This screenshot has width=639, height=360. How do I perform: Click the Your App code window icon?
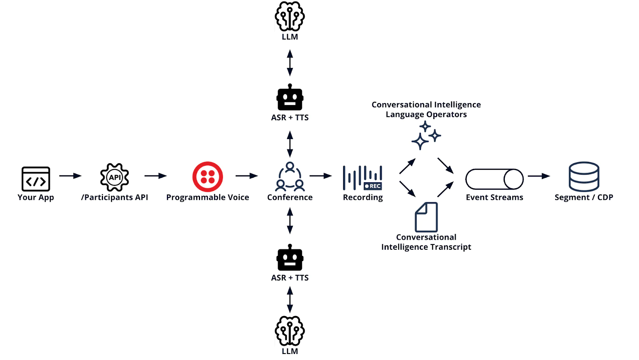pos(36,179)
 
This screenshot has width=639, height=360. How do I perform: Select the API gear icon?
pos(115,177)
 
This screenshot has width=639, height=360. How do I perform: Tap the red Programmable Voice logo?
pos(208,177)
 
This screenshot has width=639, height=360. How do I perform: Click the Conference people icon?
pos(290,177)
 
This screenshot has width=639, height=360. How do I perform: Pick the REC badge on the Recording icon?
pos(373,186)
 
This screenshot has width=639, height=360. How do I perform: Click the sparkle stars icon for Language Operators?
pos(426,136)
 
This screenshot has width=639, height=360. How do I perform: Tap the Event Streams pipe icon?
pos(494,179)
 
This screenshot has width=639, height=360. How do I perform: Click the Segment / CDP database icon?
pos(584,177)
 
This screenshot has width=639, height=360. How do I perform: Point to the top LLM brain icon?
pos(290,16)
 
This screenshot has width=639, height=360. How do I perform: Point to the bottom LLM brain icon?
pos(290,331)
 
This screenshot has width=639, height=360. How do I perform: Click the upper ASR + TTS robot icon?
pos(290,97)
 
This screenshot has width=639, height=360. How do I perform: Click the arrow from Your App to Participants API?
pos(70,176)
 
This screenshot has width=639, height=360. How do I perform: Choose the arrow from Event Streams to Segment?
pos(539,176)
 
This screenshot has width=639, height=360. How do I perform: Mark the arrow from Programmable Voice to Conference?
pos(246,176)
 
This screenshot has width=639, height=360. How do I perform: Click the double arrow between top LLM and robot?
pos(290,63)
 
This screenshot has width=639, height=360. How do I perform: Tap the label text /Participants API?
pos(115,197)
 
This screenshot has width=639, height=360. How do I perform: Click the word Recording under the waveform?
pos(363,197)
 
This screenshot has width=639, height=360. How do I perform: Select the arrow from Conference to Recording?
pos(320,176)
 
